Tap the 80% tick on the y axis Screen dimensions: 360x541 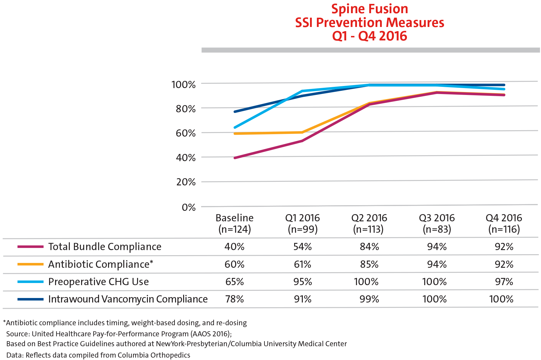(x=186, y=109)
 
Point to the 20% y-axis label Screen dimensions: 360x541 (x=186, y=182)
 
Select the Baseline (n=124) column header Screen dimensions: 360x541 (x=235, y=223)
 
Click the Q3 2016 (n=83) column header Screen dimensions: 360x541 (x=437, y=223)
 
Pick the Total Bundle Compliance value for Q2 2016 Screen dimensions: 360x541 (x=369, y=247)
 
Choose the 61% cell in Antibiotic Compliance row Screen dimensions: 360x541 (x=302, y=264)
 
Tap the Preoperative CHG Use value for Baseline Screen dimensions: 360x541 (x=235, y=282)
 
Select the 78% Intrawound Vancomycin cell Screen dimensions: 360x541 (x=235, y=299)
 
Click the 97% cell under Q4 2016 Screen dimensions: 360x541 (x=504, y=282)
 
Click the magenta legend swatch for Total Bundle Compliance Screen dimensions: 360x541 (x=30, y=247)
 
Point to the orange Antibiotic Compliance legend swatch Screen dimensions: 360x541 (x=30, y=264)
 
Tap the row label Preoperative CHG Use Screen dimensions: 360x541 (x=98, y=282)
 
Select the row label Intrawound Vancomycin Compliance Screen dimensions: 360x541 (x=128, y=299)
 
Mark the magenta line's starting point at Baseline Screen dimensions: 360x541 (x=235, y=158)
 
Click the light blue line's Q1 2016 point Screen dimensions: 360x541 (x=302, y=91)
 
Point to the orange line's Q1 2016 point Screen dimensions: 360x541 (x=302, y=132)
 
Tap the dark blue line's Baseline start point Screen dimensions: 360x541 (x=235, y=112)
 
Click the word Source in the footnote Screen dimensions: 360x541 (x=18, y=334)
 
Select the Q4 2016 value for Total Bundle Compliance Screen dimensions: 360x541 (x=504, y=247)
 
